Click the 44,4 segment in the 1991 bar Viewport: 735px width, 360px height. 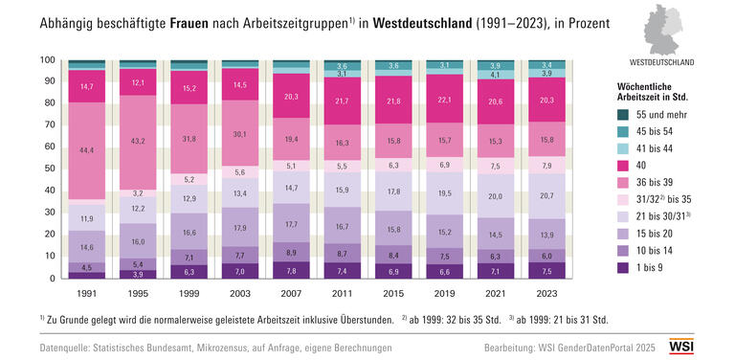coord(87,150)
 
